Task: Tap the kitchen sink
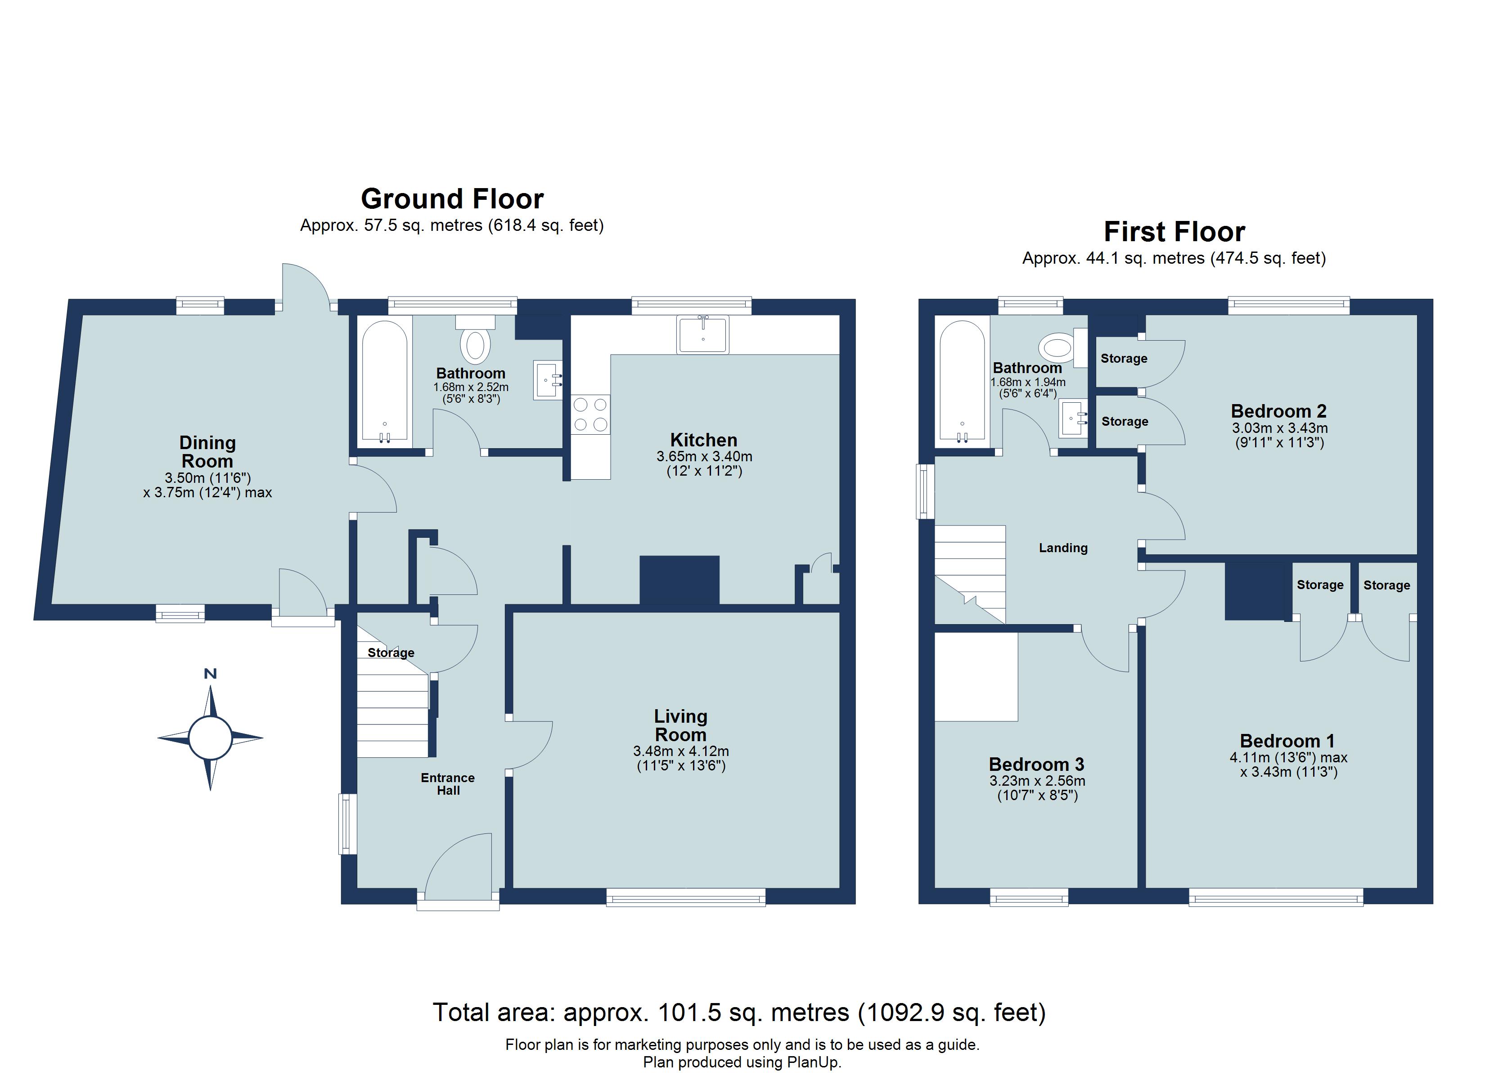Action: pos(703,335)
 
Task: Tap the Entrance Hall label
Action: pos(448,783)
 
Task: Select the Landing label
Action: pos(1063,548)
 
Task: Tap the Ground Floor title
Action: pos(452,198)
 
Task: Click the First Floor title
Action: pos(1174,231)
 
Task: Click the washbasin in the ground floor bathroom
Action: pos(547,380)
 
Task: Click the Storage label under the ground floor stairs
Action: pos(391,652)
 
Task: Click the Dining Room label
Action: pos(207,451)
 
